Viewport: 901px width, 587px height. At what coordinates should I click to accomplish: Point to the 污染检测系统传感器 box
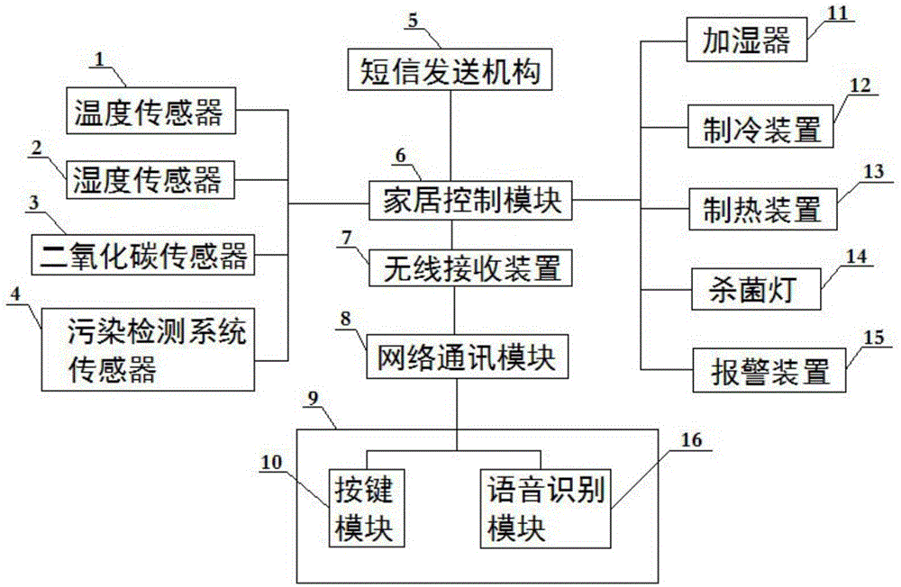(x=149, y=350)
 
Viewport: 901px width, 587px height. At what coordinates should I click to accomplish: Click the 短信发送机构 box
(x=448, y=69)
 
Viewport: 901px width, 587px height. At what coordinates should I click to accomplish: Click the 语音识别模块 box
(x=544, y=507)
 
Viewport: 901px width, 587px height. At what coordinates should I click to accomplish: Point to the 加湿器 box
(x=746, y=40)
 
